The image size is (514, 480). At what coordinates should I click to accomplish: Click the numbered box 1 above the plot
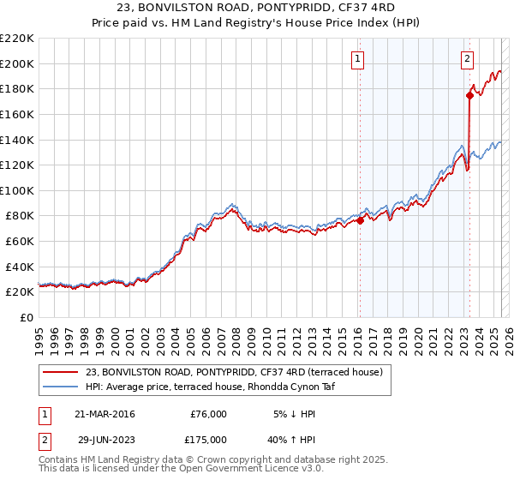pyautogui.click(x=357, y=59)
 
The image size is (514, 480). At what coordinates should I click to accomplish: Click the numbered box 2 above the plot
pyautogui.click(x=467, y=59)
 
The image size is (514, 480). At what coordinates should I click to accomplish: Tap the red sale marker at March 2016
pyautogui.click(x=360, y=220)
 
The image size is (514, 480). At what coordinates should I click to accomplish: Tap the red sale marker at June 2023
pyautogui.click(x=470, y=95)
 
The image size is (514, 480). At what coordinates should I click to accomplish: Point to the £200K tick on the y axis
pyautogui.click(x=18, y=63)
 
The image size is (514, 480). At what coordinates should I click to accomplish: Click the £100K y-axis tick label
pyautogui.click(x=18, y=190)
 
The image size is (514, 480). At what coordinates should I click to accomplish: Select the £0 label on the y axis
pyautogui.click(x=26, y=317)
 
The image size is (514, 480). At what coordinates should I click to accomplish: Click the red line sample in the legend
pyautogui.click(x=61, y=372)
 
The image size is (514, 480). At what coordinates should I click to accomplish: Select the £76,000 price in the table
pyautogui.click(x=208, y=414)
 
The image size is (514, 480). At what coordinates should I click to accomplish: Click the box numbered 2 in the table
pyautogui.click(x=44, y=440)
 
